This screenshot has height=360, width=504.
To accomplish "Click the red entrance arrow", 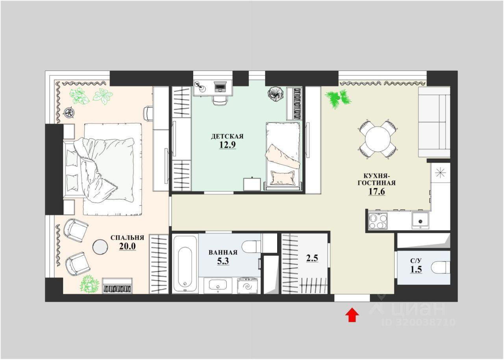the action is pos(352,315).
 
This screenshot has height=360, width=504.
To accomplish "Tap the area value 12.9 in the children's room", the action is pos(228,145).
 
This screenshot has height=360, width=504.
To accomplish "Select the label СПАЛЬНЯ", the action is pos(127,238).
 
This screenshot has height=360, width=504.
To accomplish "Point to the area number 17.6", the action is pos(377,191).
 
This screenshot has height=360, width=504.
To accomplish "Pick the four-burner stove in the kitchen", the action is pos(378,221).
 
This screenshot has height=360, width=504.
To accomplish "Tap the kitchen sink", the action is pos(420,221).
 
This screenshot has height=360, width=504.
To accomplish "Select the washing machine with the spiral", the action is pos(248,286).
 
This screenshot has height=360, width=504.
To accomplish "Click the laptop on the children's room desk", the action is pos(220,87).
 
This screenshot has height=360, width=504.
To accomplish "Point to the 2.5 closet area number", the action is pos(312,258).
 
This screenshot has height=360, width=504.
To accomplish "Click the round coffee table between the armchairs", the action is pos(100,247).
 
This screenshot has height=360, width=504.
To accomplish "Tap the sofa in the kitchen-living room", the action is pos(434,122).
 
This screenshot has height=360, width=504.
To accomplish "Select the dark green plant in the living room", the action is pos(338,99).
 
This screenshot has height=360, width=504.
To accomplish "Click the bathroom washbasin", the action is pos(217,285).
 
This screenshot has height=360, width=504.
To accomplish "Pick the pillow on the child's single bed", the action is pos(283,178).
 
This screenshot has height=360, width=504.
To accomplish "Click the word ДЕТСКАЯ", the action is pos(227,136).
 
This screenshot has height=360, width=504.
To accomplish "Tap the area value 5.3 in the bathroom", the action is pos(223,261).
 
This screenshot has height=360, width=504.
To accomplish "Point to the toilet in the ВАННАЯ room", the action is pos(253,247).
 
